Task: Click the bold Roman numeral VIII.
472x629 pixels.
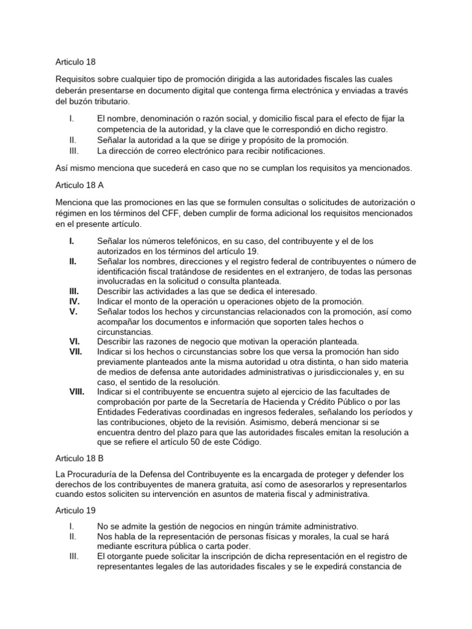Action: [x=77, y=391]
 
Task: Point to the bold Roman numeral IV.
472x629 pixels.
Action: [x=73, y=302]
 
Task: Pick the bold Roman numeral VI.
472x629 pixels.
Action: [x=73, y=342]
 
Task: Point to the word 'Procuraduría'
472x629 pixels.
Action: [x=95, y=474]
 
